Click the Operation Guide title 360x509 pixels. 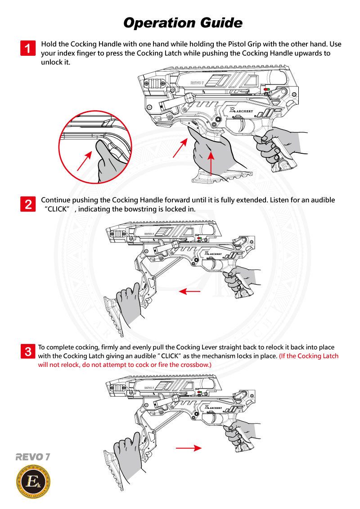pos(183,22)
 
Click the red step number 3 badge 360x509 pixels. pos(28,351)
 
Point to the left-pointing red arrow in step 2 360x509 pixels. pos(189,292)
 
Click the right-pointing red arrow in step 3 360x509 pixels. pos(188,448)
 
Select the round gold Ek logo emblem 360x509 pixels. pos(33,482)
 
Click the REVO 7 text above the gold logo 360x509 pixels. pos(32,457)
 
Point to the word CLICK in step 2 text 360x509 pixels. pos(58,210)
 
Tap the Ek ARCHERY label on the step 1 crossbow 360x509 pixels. pos(241,111)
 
